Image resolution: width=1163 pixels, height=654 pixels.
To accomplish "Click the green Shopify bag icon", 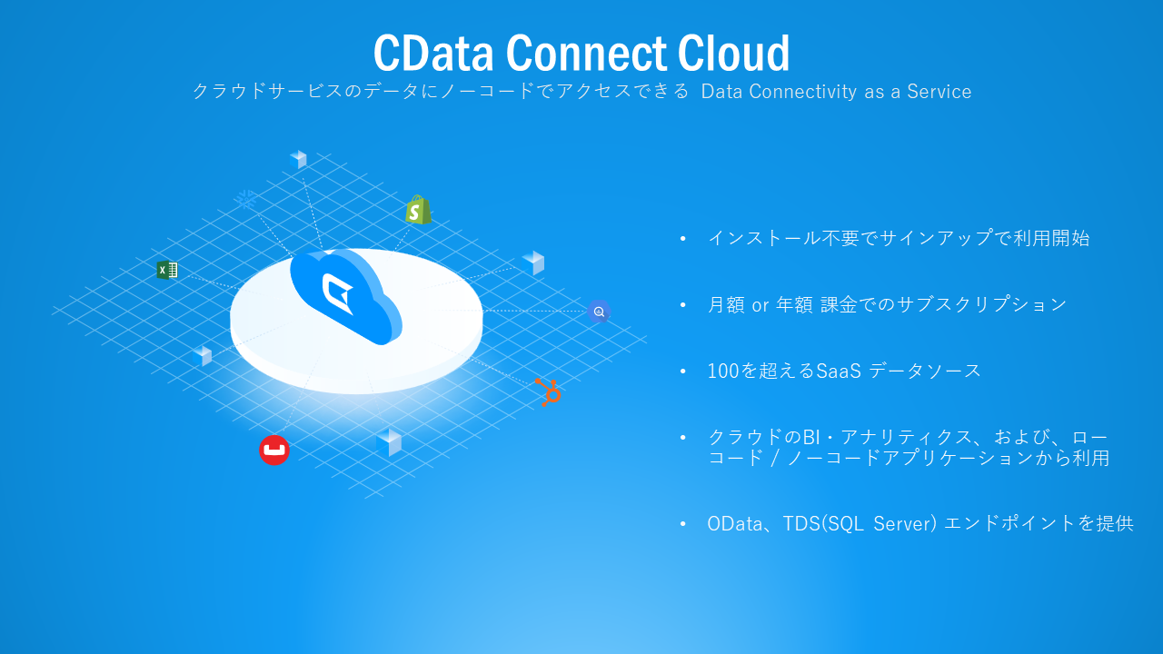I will click(418, 210).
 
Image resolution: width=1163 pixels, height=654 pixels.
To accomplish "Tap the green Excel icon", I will click(166, 270).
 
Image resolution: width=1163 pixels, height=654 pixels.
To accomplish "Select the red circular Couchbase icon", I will click(273, 450).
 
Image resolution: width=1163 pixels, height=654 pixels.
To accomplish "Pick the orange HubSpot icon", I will click(548, 391).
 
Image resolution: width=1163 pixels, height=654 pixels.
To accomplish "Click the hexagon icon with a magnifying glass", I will click(598, 312).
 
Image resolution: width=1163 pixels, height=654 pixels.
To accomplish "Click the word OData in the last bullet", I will click(734, 524).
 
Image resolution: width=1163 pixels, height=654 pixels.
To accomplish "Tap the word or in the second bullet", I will click(760, 305).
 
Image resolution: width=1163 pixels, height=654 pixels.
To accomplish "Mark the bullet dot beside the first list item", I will click(683, 239).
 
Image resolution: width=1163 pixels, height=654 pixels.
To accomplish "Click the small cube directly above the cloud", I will click(298, 159).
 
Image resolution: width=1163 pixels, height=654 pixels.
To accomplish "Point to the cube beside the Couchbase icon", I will click(389, 441).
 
